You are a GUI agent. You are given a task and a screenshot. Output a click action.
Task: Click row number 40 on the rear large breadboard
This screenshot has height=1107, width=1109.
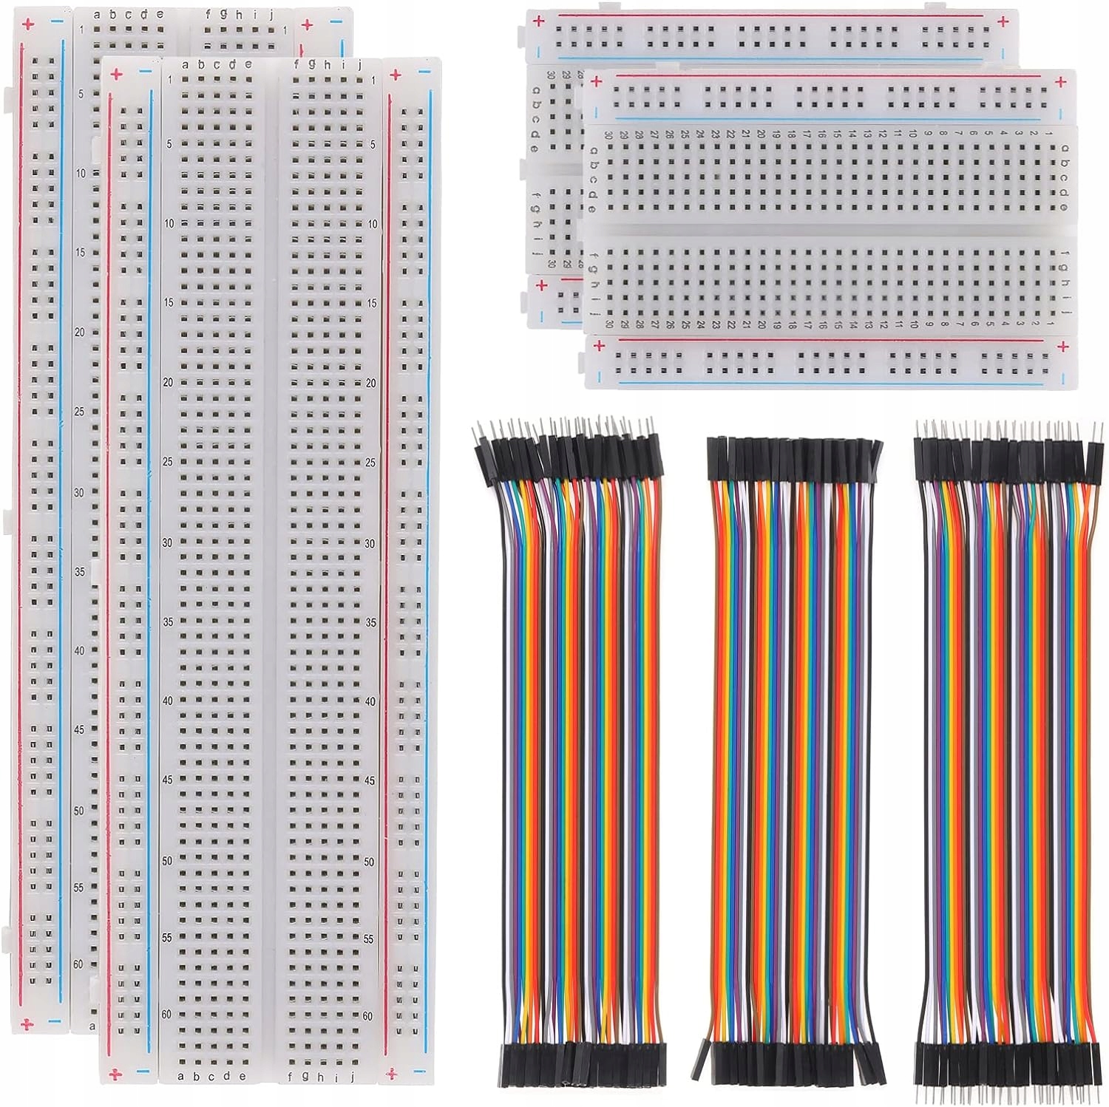tap(79, 650)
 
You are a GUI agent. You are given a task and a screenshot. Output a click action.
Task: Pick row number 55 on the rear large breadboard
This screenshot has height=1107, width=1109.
tap(79, 888)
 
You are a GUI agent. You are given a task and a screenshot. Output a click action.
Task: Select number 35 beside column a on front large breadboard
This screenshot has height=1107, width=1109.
tap(168, 622)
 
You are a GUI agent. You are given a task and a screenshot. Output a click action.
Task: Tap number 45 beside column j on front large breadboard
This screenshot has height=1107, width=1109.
tap(370, 780)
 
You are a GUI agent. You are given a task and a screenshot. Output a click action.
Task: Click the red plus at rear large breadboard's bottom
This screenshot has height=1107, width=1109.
tap(27, 1023)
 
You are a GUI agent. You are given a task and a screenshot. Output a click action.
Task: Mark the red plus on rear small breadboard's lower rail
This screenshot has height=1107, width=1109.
tap(542, 285)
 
